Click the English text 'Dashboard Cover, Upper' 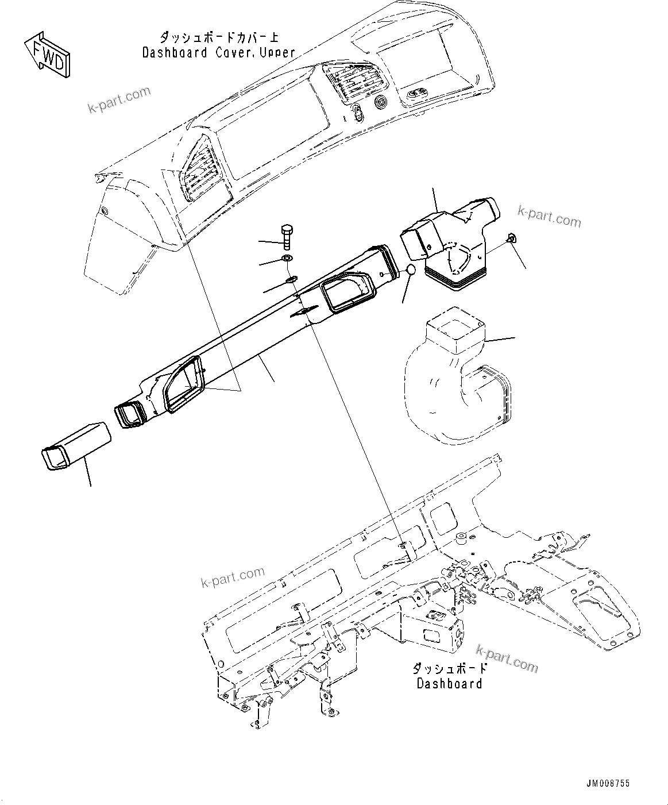tap(219, 53)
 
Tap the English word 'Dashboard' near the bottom tap(449, 683)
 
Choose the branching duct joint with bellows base tap(454, 244)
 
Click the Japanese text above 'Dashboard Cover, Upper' tap(219, 38)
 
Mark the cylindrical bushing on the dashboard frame tap(460, 538)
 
